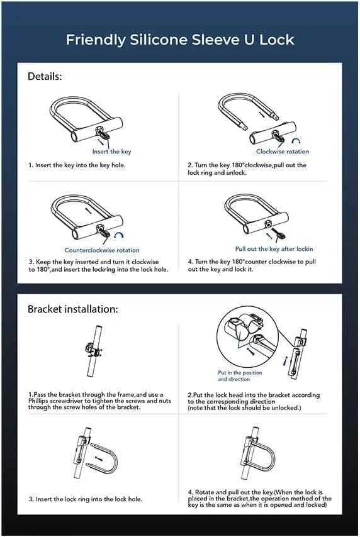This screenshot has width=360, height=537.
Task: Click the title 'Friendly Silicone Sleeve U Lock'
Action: pos(180,40)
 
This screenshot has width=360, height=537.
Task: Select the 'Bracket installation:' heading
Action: pos(72,309)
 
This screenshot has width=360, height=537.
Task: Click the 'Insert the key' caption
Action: pos(111,152)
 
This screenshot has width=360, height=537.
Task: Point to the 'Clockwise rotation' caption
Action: pos(282,152)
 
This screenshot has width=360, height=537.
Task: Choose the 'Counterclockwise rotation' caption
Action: pos(102,250)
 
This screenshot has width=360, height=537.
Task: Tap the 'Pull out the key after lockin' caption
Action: pos(274,249)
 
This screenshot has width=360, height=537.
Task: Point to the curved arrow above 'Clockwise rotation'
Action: pos(296,142)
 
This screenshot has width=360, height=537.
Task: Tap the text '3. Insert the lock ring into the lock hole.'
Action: pos(85,499)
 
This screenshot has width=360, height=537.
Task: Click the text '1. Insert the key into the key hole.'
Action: pos(77,165)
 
